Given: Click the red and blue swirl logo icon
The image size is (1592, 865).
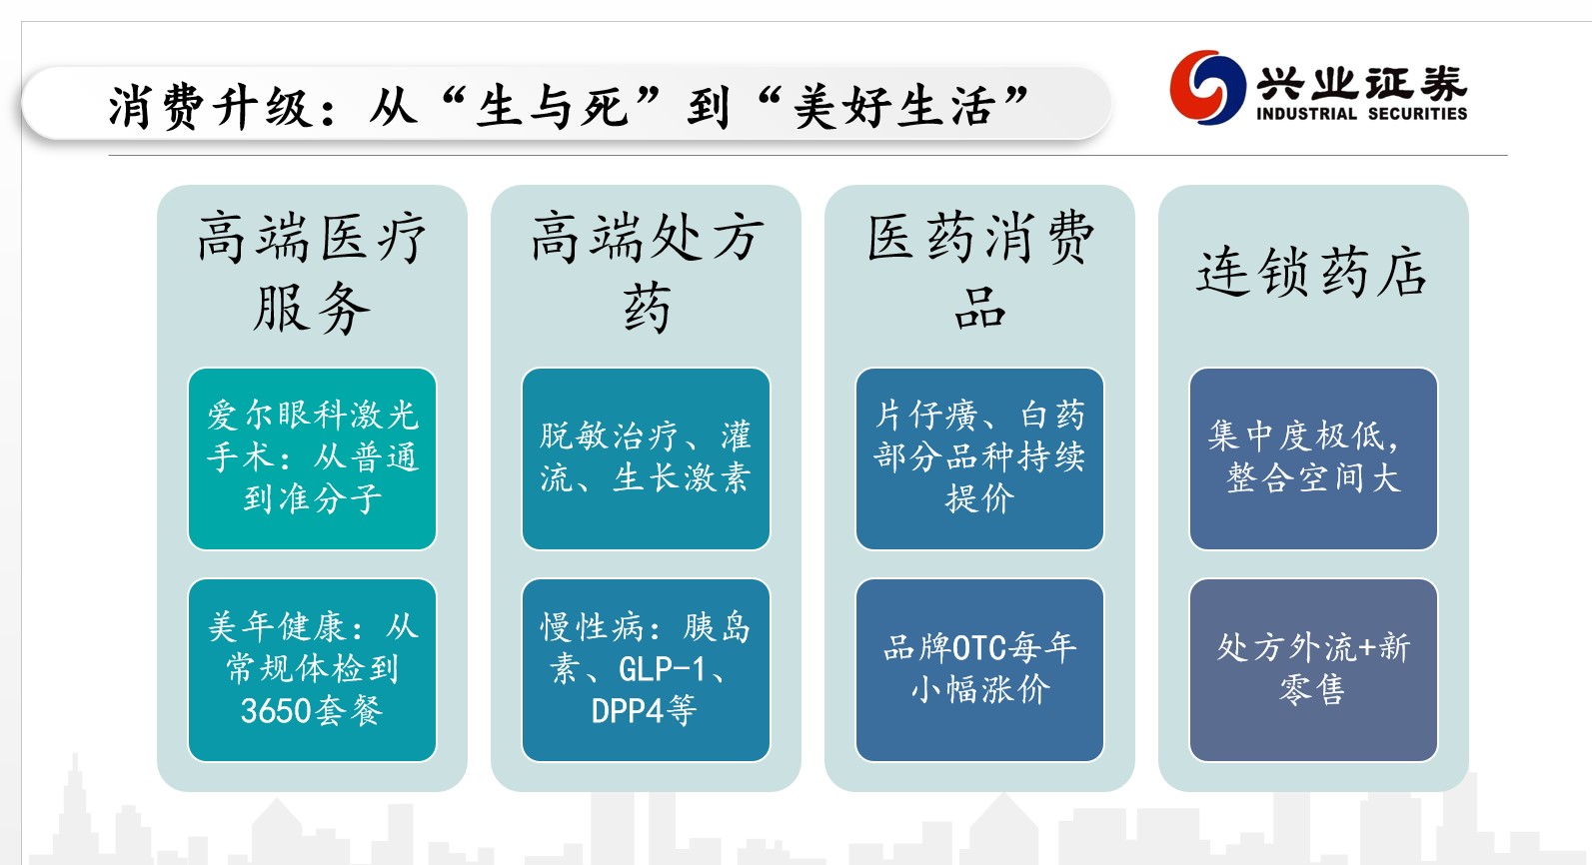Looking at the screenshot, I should click(x=1207, y=88).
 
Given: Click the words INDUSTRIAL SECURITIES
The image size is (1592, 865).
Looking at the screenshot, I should click(x=1361, y=114).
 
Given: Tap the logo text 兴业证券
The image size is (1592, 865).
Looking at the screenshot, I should click(x=1361, y=82).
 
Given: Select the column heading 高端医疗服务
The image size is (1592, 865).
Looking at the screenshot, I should click(x=312, y=272).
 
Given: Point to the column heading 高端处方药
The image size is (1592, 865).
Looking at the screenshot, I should click(x=646, y=272).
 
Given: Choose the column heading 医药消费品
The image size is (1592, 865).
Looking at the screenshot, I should click(x=979, y=272).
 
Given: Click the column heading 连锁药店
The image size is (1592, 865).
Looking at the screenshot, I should click(x=1312, y=272).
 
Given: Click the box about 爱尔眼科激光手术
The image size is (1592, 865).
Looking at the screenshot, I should click(x=312, y=458).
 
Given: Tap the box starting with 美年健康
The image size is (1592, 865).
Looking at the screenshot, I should click(x=312, y=669).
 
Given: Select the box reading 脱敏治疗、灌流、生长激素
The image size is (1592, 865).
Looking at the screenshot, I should click(x=646, y=458).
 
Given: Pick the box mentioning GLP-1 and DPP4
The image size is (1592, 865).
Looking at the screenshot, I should click(x=646, y=669).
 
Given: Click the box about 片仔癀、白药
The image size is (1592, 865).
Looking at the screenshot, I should click(x=979, y=458).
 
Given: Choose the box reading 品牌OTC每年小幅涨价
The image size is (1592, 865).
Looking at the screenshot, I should click(x=979, y=669).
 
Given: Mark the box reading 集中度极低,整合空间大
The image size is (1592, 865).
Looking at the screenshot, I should click(x=1312, y=458).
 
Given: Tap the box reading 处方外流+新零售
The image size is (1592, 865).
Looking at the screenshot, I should click(x=1312, y=669).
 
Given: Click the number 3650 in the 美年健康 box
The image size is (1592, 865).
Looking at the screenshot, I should click(x=276, y=710).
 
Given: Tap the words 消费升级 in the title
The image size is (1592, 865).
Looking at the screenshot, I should click(x=211, y=107).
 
